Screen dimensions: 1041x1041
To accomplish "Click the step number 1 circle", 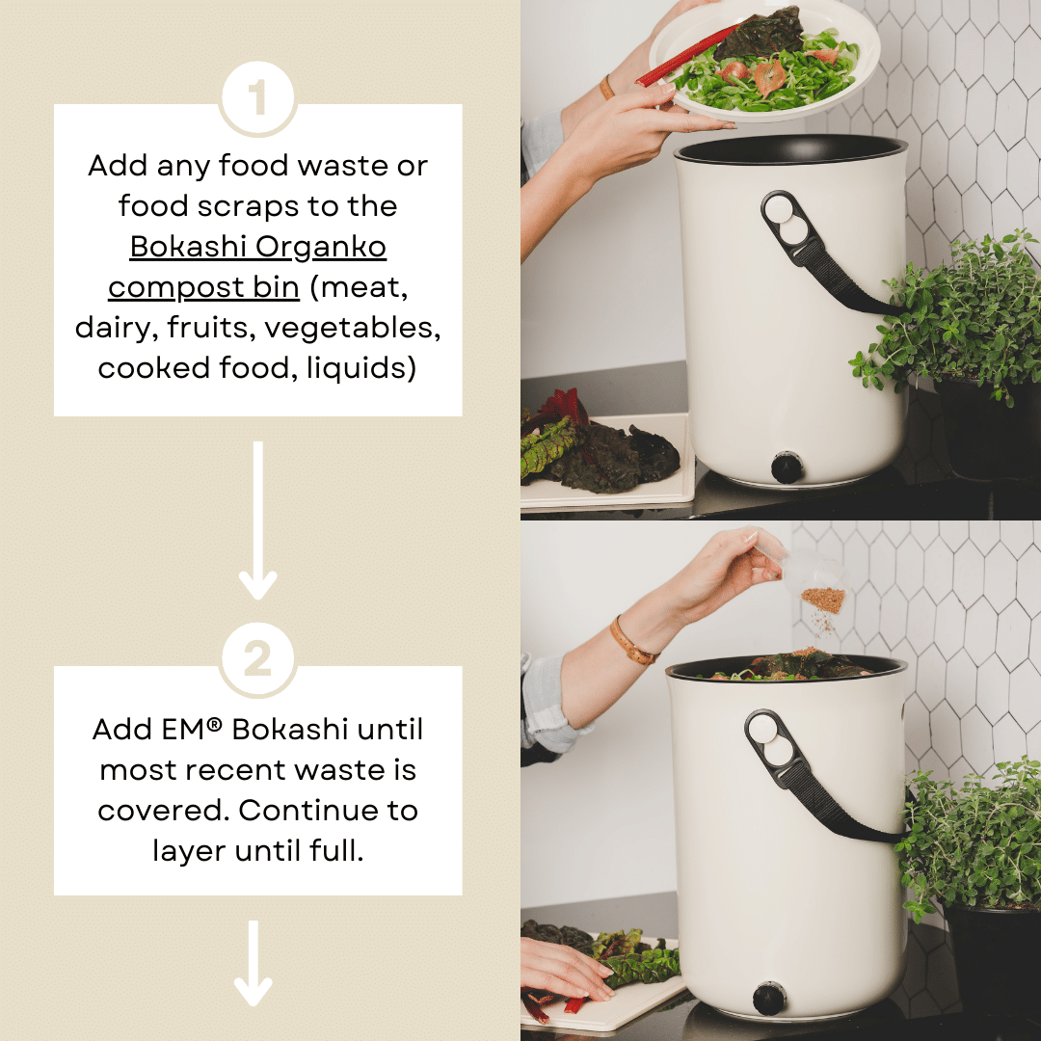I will [257, 99].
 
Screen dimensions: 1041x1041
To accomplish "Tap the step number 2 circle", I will [257, 661].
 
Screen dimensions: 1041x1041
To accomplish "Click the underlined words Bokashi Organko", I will [258, 247].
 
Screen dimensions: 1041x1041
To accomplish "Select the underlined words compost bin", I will [203, 287].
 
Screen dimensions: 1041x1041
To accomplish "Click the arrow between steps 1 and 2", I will [257, 520].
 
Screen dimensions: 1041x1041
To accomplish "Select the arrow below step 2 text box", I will [254, 964].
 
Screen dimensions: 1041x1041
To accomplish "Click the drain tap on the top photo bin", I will [787, 467].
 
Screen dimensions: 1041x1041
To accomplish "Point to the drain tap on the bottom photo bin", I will [768, 999].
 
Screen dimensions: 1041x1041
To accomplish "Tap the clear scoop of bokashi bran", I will [814, 583].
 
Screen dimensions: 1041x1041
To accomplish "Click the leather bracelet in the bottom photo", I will [632, 641].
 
